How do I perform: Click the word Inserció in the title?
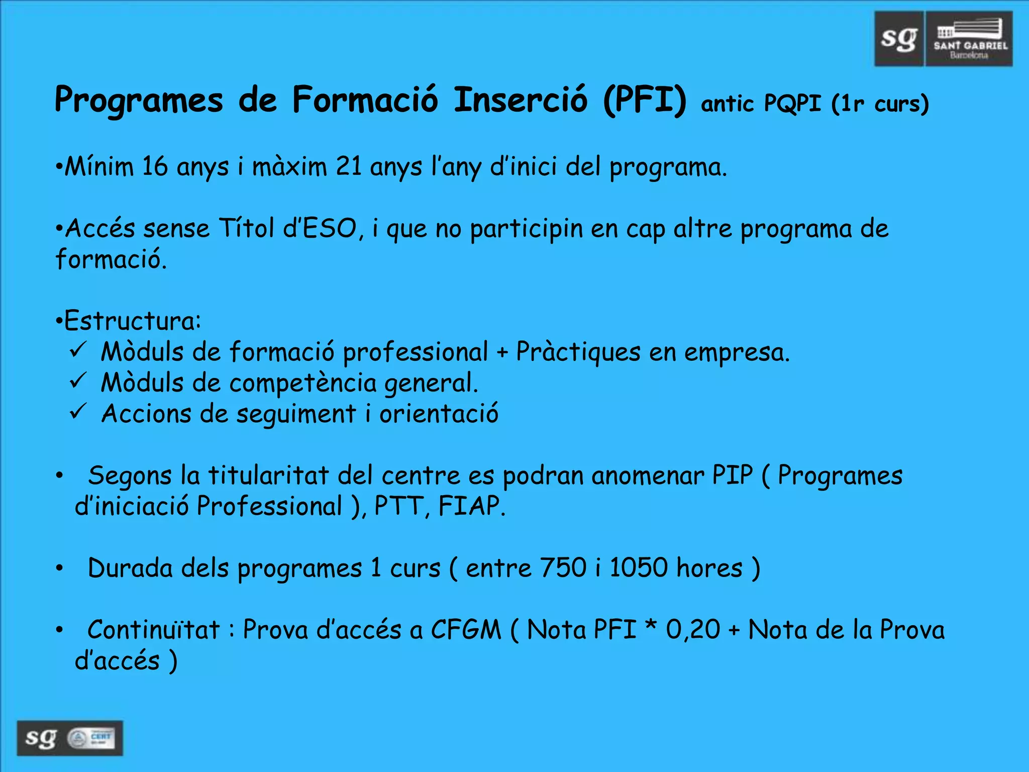point(520,100)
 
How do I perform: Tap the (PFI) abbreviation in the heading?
point(645,100)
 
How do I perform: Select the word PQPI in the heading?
point(792,104)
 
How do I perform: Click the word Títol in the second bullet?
point(246,229)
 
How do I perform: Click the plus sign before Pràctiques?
point(502,353)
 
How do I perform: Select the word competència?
point(303,383)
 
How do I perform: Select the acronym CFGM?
point(466,630)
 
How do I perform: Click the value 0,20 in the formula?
point(693,630)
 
